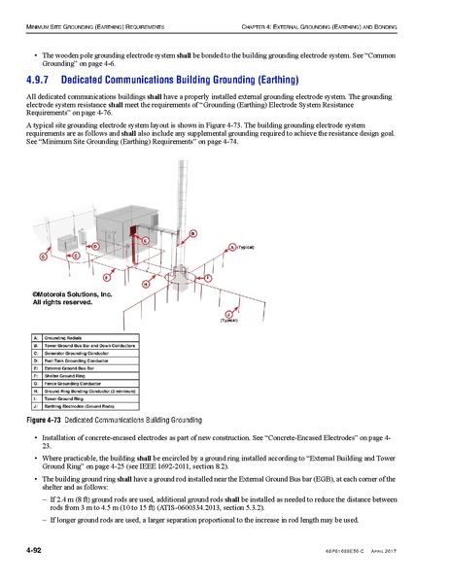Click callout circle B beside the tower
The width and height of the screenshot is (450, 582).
click(192, 233)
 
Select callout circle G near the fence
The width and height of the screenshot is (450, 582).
click(44, 257)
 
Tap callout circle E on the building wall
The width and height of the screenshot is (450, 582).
click(145, 239)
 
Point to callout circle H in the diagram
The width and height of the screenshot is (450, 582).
click(145, 284)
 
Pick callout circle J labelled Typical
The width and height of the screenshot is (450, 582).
click(226, 315)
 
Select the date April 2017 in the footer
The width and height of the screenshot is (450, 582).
click(415, 554)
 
